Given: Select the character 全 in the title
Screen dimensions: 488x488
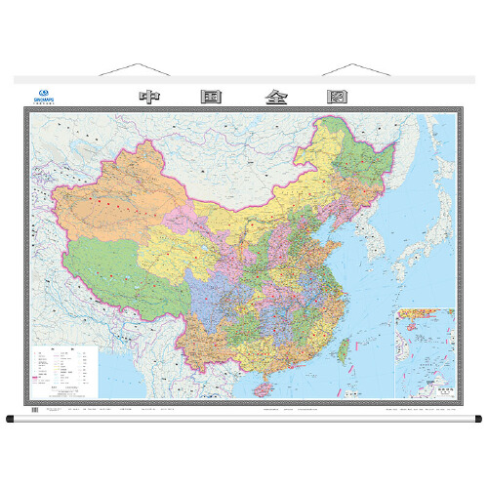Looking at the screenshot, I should [x=273, y=98].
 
